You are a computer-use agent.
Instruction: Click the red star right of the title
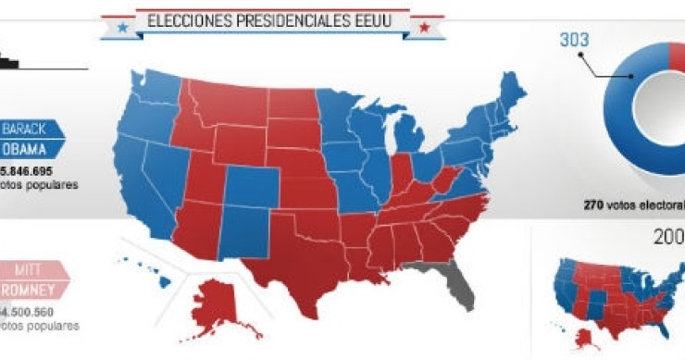(x=424, y=27)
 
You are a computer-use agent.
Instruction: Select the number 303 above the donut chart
(x=575, y=41)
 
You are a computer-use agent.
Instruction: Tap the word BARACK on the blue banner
(x=24, y=129)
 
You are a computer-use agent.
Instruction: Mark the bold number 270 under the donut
(x=595, y=204)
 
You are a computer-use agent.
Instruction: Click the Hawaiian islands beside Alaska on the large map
(x=148, y=268)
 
